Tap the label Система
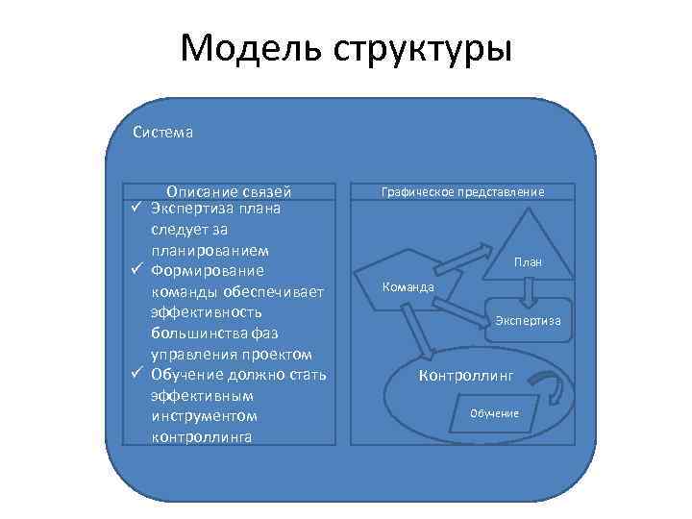(162, 133)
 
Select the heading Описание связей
(229, 191)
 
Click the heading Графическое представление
(462, 192)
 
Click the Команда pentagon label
(408, 286)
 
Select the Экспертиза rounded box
(528, 320)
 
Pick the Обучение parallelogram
(494, 412)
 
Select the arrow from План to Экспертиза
(528, 291)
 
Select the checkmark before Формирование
(137, 271)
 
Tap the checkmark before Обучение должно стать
(137, 375)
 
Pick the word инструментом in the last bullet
(204, 416)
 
